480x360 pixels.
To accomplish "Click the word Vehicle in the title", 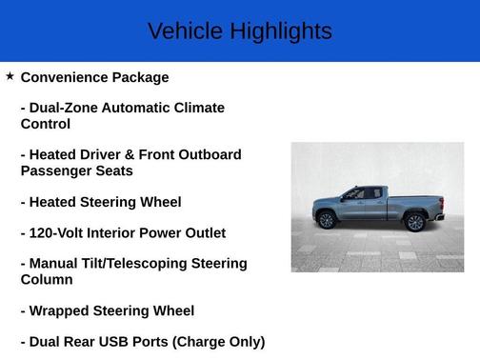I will point(185,31).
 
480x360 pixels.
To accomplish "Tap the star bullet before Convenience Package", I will point(10,76).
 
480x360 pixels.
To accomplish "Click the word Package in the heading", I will point(141,77).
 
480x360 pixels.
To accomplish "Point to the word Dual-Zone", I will point(67,108).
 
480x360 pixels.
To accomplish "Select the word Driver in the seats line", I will point(108,154).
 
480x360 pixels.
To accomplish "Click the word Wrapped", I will point(61,310).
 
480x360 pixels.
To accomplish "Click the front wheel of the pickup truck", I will point(327,221).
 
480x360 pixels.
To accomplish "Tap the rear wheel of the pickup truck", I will point(414,222).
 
